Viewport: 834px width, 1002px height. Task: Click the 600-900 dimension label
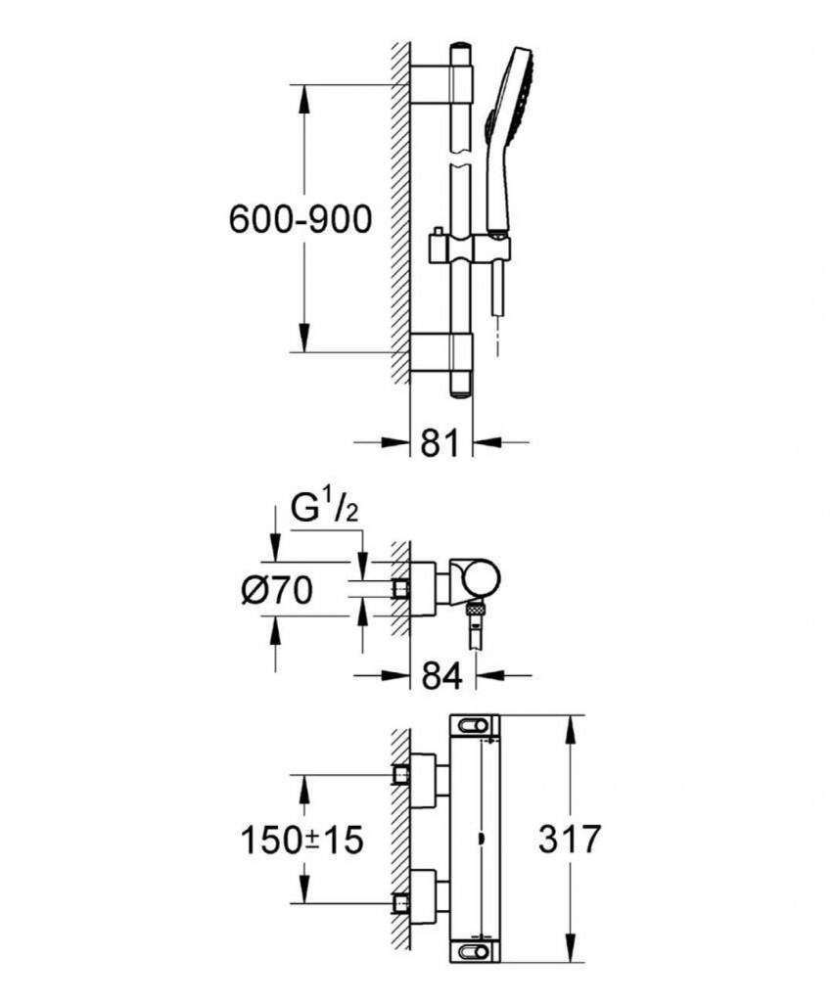301,219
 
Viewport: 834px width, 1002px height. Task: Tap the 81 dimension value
440,442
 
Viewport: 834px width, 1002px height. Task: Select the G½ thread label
324,509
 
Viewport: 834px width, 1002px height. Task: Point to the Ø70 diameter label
277,590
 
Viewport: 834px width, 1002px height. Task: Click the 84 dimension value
442,675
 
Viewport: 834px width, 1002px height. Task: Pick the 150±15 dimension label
301,840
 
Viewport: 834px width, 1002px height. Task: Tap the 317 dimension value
570,839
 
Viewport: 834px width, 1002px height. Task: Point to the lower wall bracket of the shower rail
440,352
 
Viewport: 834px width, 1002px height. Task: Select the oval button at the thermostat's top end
474,726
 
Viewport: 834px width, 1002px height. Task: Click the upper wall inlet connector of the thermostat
401,775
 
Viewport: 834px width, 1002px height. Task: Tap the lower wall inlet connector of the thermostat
401,903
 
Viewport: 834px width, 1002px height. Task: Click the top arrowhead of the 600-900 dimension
304,100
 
